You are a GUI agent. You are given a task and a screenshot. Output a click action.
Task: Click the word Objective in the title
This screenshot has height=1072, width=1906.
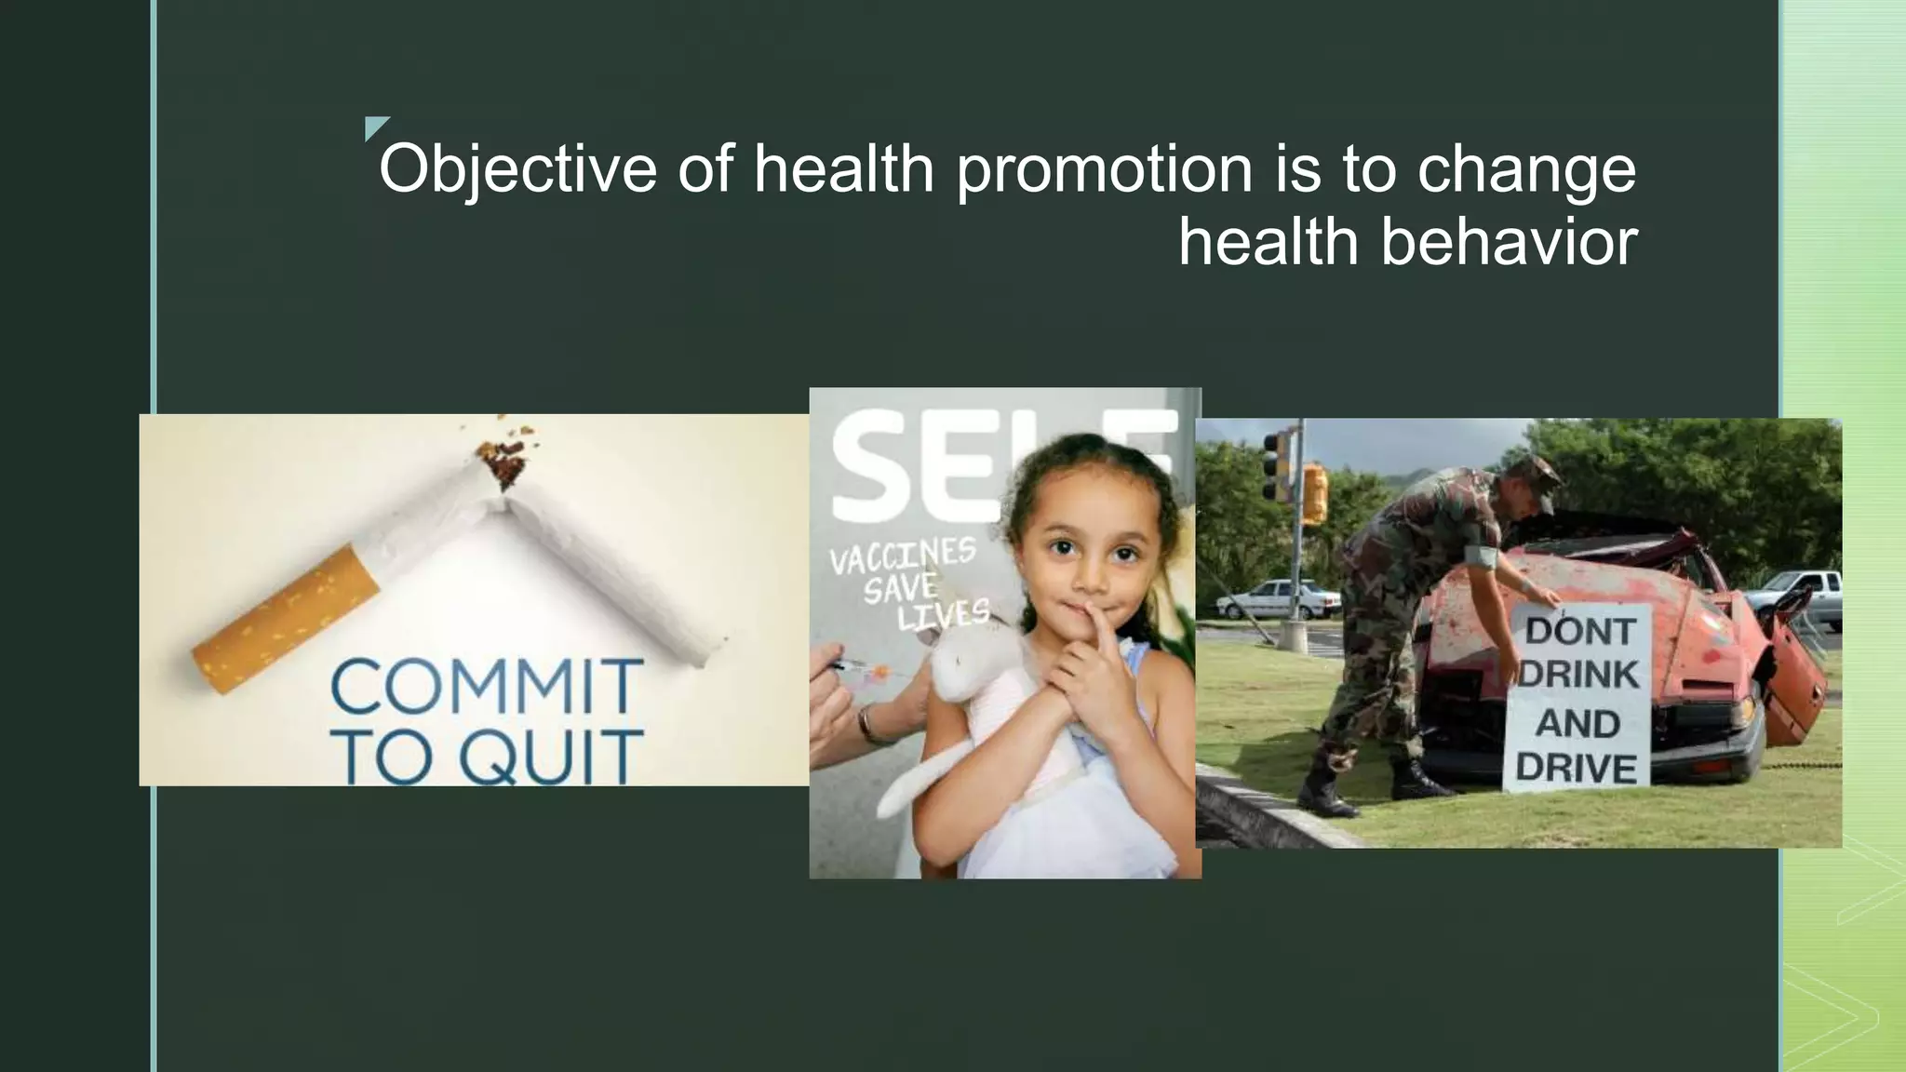click(517, 170)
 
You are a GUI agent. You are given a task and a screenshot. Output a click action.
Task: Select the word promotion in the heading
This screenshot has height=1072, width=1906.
click(1105, 170)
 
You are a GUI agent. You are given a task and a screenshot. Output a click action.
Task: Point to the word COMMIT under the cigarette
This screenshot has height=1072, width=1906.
click(486, 686)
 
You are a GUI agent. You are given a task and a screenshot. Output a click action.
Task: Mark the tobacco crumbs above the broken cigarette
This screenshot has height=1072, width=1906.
click(503, 459)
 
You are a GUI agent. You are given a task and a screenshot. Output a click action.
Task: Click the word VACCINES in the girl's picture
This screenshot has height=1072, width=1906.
click(902, 556)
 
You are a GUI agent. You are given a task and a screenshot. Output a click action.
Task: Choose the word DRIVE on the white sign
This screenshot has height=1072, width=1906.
click(1577, 769)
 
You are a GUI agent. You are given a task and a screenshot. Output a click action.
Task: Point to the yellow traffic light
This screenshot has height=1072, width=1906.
click(1314, 493)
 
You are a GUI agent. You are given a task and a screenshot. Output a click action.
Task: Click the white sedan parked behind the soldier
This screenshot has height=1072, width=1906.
click(1280, 599)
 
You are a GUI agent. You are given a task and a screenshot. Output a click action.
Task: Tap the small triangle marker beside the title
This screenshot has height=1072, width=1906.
click(374, 127)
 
